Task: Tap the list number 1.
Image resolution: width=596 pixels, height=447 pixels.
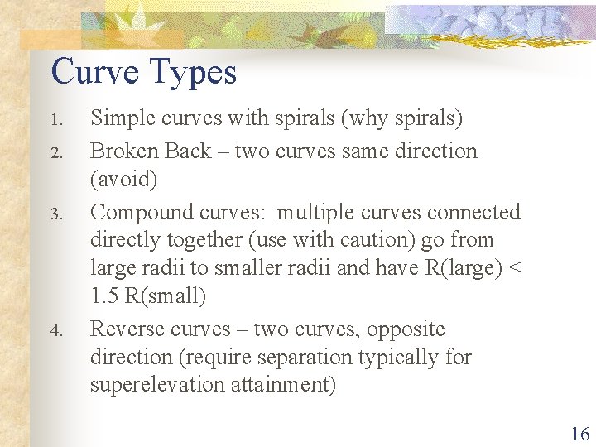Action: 56,121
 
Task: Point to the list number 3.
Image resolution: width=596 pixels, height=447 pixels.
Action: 56,214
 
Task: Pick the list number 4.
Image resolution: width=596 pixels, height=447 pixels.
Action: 56,331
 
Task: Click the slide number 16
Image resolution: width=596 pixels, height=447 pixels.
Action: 579,433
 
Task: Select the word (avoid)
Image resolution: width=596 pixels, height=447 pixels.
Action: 123,180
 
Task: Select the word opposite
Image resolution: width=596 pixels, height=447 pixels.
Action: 406,329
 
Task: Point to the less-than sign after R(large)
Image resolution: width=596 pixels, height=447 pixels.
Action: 515,267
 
